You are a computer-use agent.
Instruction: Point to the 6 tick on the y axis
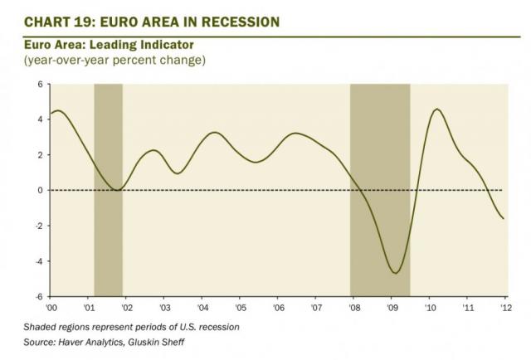(39, 85)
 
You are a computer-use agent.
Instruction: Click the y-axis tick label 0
(39, 190)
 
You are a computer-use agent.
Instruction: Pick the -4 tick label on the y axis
(37, 261)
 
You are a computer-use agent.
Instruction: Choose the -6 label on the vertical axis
(37, 296)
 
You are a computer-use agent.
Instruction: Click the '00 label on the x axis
(52, 307)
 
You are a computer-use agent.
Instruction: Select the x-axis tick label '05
(240, 307)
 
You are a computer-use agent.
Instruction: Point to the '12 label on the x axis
(504, 307)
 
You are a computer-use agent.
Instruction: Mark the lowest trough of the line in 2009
(396, 273)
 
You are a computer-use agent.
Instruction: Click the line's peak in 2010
(437, 109)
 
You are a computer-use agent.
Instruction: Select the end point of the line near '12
(504, 218)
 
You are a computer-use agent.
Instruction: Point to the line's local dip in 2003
(178, 173)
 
